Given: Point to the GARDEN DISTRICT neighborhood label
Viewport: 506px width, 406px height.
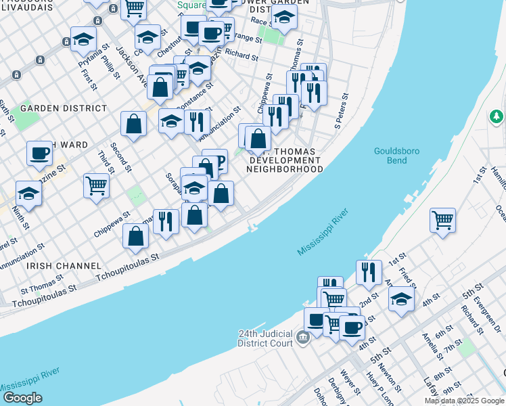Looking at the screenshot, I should click(64, 108).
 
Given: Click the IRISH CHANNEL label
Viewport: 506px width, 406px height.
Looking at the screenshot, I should click(64, 266).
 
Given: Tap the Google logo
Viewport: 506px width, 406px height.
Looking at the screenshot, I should click(22, 398).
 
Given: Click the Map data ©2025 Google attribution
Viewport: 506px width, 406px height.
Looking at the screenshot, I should click(464, 401).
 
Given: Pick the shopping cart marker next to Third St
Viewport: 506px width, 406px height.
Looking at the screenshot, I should click(97, 185).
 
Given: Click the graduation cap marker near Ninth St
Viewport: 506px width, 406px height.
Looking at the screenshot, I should click(28, 194).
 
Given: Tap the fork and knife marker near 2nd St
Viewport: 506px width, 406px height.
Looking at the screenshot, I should click(369, 273).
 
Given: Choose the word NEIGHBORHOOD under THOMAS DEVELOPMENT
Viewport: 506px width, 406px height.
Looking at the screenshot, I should click(285, 169).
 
